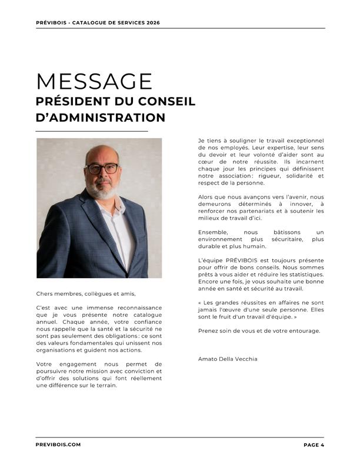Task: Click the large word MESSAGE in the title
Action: (x=94, y=81)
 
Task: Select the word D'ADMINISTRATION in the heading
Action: (x=101, y=118)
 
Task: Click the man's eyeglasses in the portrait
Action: (x=102, y=169)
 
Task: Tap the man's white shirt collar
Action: (x=117, y=206)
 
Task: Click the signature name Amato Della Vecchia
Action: (x=228, y=359)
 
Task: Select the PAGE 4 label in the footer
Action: (x=314, y=445)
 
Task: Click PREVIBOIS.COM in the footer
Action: (x=58, y=445)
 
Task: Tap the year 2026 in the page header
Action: (x=152, y=23)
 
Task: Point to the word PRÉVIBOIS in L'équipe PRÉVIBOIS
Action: (x=239, y=260)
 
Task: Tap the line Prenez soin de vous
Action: (x=259, y=331)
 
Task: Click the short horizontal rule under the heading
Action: (x=92, y=131)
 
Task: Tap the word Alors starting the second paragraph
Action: (x=207, y=197)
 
